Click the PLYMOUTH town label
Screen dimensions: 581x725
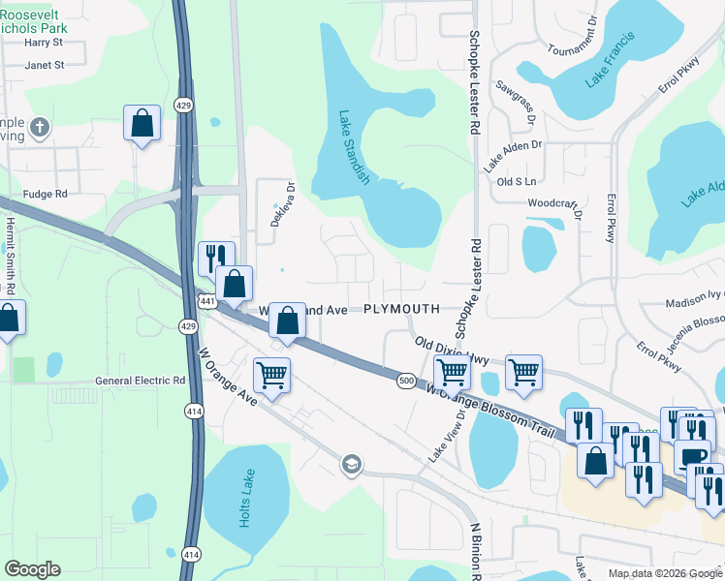(401, 309)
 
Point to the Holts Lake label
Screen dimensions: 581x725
(244, 503)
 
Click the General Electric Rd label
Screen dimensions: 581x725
(140, 382)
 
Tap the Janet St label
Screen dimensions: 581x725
(45, 65)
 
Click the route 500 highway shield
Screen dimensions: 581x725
(406, 382)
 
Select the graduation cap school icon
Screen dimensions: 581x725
(350, 466)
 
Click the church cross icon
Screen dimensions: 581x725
(39, 126)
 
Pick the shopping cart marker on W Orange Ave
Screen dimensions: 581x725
(272, 375)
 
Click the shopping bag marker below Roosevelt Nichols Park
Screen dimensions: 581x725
(142, 123)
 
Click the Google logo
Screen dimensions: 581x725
(32, 569)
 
